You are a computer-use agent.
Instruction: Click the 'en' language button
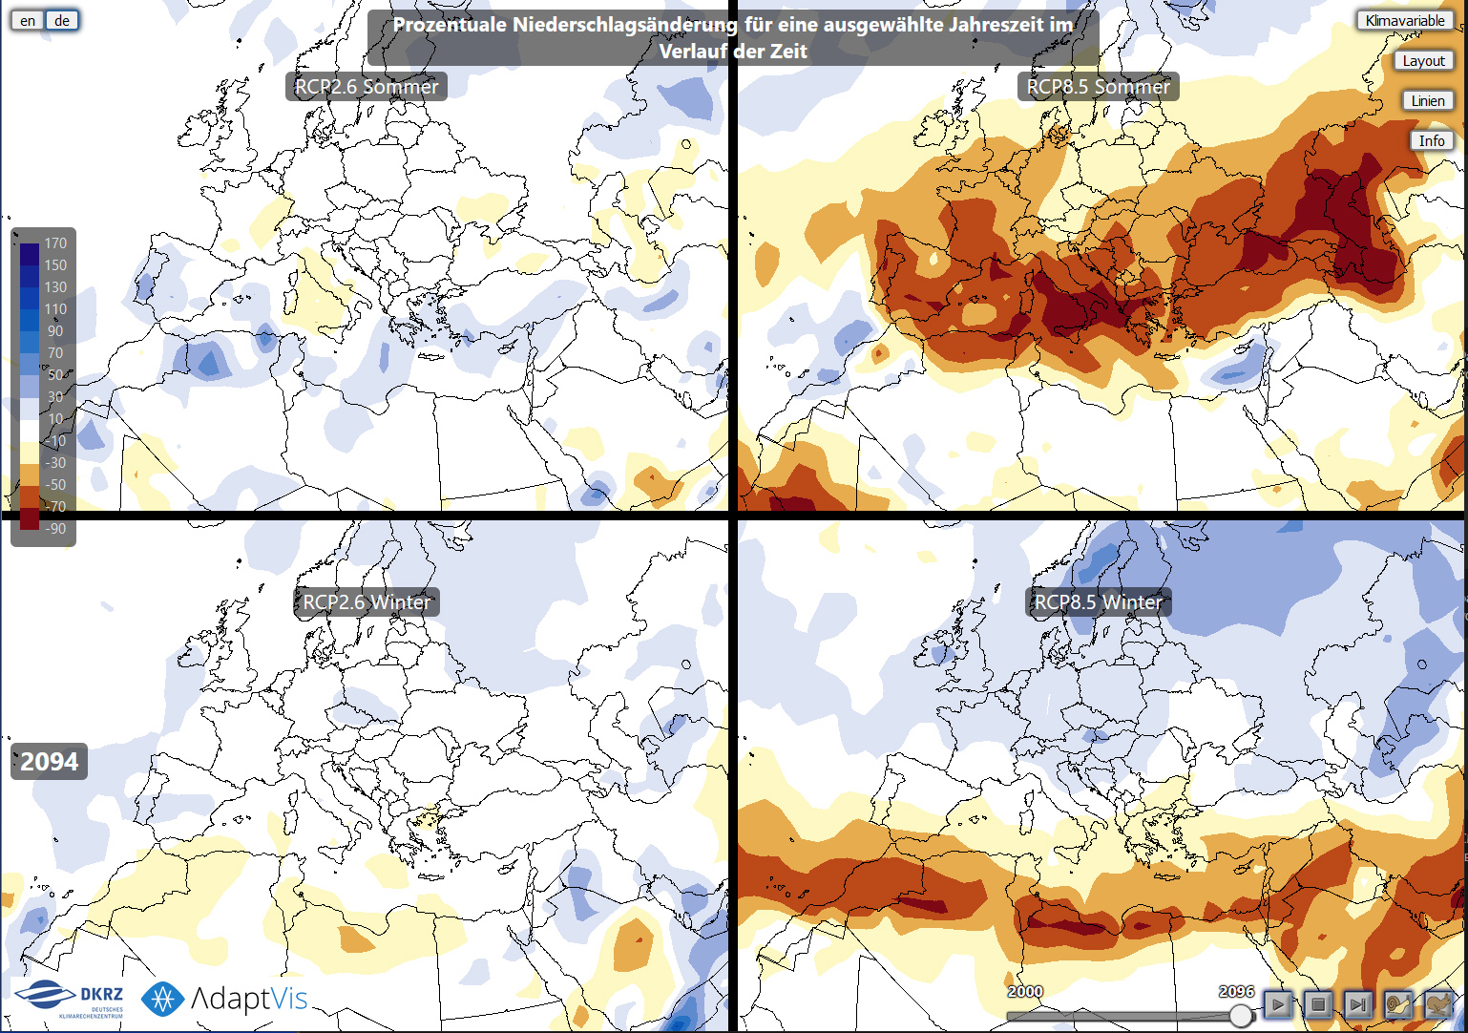28,20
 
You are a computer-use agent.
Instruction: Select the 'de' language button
62,20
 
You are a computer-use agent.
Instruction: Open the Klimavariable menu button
1404,20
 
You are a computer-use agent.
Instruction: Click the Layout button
1423,60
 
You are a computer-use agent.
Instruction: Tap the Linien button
1428,100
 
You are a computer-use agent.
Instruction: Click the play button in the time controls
1278,1003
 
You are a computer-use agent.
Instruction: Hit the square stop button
1318,1003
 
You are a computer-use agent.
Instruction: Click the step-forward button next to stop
1358,1003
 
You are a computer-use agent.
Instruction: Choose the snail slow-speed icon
1398,1003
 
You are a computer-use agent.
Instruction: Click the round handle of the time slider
1240,1014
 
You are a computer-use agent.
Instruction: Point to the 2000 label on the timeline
1025,991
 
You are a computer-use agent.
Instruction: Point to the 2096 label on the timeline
1236,991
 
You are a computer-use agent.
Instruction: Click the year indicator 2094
50,762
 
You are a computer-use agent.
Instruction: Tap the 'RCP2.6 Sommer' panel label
367,87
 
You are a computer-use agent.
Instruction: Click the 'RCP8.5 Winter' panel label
1099,602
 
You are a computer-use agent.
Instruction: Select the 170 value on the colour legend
55,243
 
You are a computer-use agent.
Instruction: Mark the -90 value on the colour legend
55,528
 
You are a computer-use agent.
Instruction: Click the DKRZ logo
71,999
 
